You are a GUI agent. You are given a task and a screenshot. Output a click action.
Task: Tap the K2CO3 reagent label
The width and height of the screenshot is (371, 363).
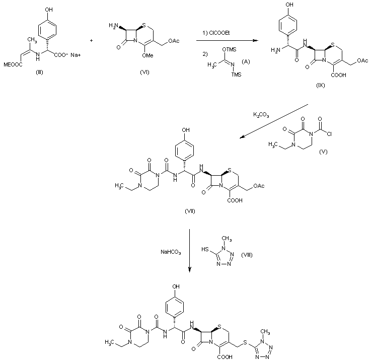[x=262, y=115]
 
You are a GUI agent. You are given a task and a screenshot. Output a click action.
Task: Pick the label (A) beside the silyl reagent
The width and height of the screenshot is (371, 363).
[x=246, y=61]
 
